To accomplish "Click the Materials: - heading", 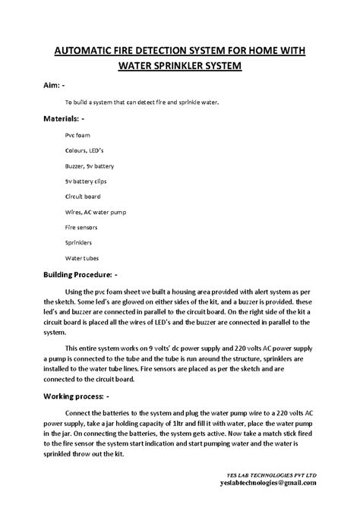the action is (x=64, y=119).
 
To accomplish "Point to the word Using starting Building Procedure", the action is (x=77, y=290).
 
